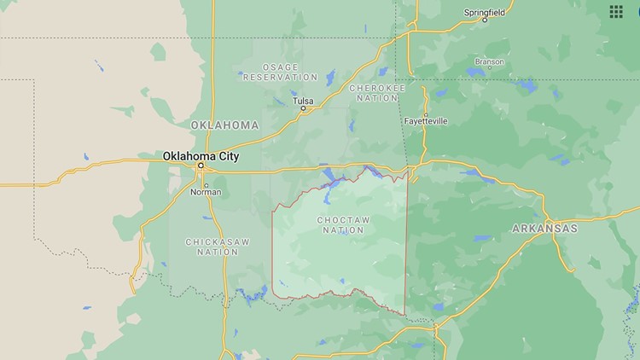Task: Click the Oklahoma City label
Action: click(201, 156)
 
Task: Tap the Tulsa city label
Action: click(303, 100)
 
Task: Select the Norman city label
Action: click(206, 192)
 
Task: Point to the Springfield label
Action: click(485, 12)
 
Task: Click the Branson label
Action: click(490, 61)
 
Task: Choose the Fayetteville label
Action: click(424, 121)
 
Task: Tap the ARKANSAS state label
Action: click(544, 229)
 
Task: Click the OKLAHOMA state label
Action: click(224, 125)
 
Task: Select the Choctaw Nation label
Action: click(344, 225)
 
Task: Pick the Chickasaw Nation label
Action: click(218, 247)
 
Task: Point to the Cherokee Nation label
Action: click(377, 92)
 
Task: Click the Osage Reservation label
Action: click(269, 72)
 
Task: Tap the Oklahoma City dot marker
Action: click(201, 165)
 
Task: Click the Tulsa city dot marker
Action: click(303, 109)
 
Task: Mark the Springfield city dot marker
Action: click(485, 20)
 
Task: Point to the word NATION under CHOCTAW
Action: click(344, 230)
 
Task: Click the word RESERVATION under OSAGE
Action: click(269, 77)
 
